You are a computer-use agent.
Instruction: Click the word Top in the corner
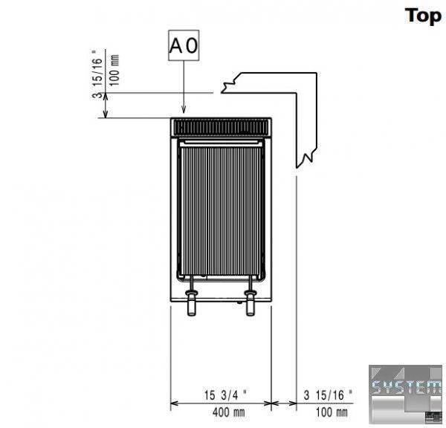tap(423, 16)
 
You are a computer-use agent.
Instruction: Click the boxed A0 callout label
tap(184, 45)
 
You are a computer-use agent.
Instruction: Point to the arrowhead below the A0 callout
tap(184, 109)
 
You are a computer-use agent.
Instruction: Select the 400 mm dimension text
tap(228, 412)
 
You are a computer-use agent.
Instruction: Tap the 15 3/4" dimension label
tap(225, 395)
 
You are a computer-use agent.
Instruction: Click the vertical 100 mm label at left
tap(114, 71)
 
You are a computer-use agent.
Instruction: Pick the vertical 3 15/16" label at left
tap(97, 74)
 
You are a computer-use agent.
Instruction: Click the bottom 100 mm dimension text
tap(332, 412)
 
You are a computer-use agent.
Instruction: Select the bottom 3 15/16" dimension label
tap(328, 395)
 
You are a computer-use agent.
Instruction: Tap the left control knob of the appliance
tap(192, 302)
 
